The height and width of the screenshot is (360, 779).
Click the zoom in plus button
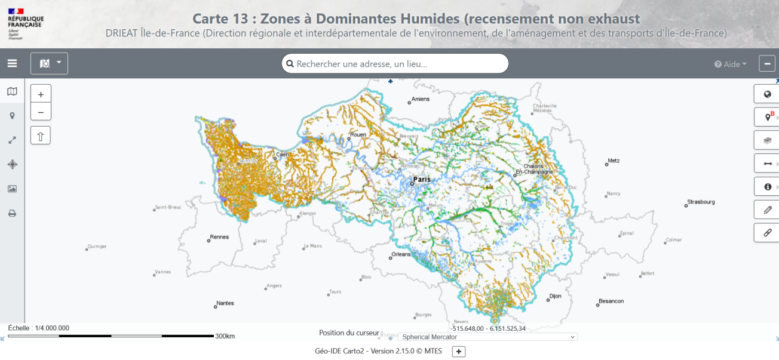point(41,94)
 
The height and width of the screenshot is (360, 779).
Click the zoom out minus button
point(41,112)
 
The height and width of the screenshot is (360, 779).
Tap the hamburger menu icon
point(12,63)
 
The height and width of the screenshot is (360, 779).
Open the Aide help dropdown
point(731,64)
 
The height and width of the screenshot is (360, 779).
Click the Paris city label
point(422,179)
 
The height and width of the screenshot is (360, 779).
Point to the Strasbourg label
point(700,202)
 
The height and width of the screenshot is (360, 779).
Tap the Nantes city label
point(225,303)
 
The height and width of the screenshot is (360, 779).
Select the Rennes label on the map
point(219,237)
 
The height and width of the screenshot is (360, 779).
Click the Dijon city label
point(556,296)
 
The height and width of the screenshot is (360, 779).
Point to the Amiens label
point(421,99)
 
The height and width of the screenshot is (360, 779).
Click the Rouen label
point(358,135)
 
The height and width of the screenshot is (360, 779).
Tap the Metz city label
point(614,161)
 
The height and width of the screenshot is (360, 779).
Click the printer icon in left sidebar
point(12,213)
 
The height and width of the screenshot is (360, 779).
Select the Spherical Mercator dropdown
point(487,337)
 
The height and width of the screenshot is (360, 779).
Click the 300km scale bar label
point(225,336)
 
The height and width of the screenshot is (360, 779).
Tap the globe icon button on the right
point(767,94)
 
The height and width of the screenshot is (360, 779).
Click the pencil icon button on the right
point(767,210)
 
